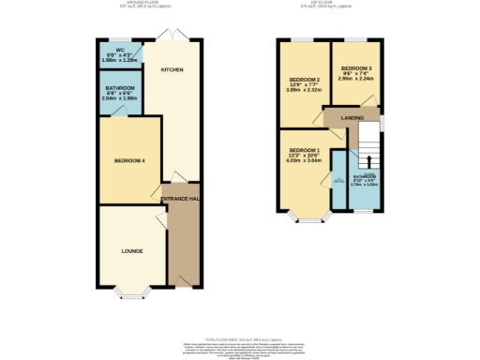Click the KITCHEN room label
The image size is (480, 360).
click(x=171, y=70)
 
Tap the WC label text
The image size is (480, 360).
click(x=120, y=51)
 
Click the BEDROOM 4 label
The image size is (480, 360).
click(x=130, y=161)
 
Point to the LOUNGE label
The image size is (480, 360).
click(x=131, y=252)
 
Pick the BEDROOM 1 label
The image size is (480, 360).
click(x=305, y=151)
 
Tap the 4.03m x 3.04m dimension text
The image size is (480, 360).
click(x=305, y=162)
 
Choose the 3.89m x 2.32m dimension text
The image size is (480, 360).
click(x=305, y=92)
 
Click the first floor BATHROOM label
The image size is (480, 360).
click(x=363, y=176)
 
